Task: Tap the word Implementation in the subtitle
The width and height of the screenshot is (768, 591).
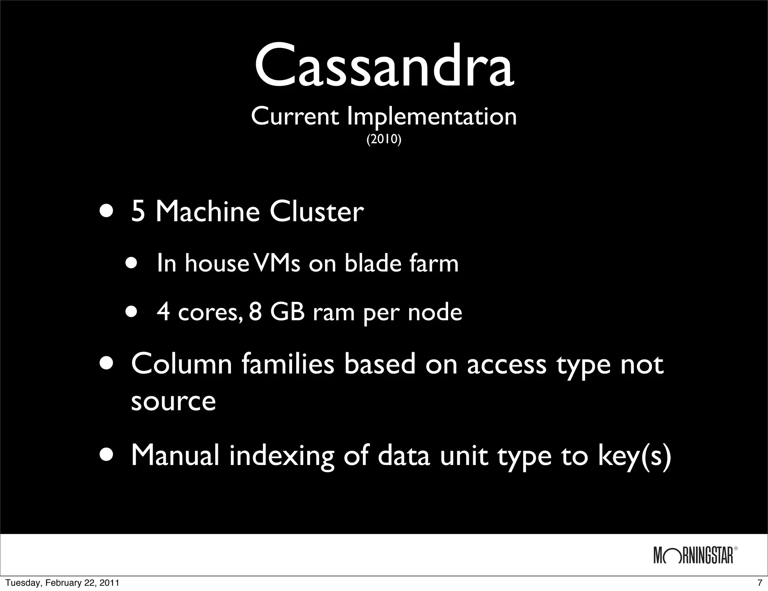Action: click(432, 117)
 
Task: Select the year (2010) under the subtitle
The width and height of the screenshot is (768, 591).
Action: click(384, 139)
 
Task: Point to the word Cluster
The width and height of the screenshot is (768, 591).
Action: click(316, 212)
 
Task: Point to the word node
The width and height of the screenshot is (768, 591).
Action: click(435, 312)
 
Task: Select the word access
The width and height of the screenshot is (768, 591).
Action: click(507, 364)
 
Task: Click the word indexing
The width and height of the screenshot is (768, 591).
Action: click(281, 456)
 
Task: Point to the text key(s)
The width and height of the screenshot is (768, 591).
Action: click(634, 456)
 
